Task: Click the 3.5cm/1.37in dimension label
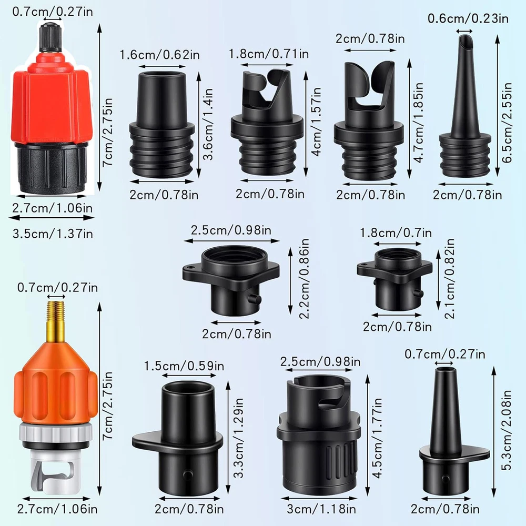tap(53, 234)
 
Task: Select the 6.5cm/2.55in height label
tap(507, 123)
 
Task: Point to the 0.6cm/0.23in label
tap(468, 18)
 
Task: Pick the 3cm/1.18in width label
tap(321, 509)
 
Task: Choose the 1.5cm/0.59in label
tap(184, 366)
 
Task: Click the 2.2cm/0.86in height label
tap(304, 278)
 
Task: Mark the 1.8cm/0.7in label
tap(396, 232)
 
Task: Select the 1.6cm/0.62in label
tap(160, 55)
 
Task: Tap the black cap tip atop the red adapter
tap(50, 37)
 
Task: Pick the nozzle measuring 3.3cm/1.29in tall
tap(178, 438)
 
